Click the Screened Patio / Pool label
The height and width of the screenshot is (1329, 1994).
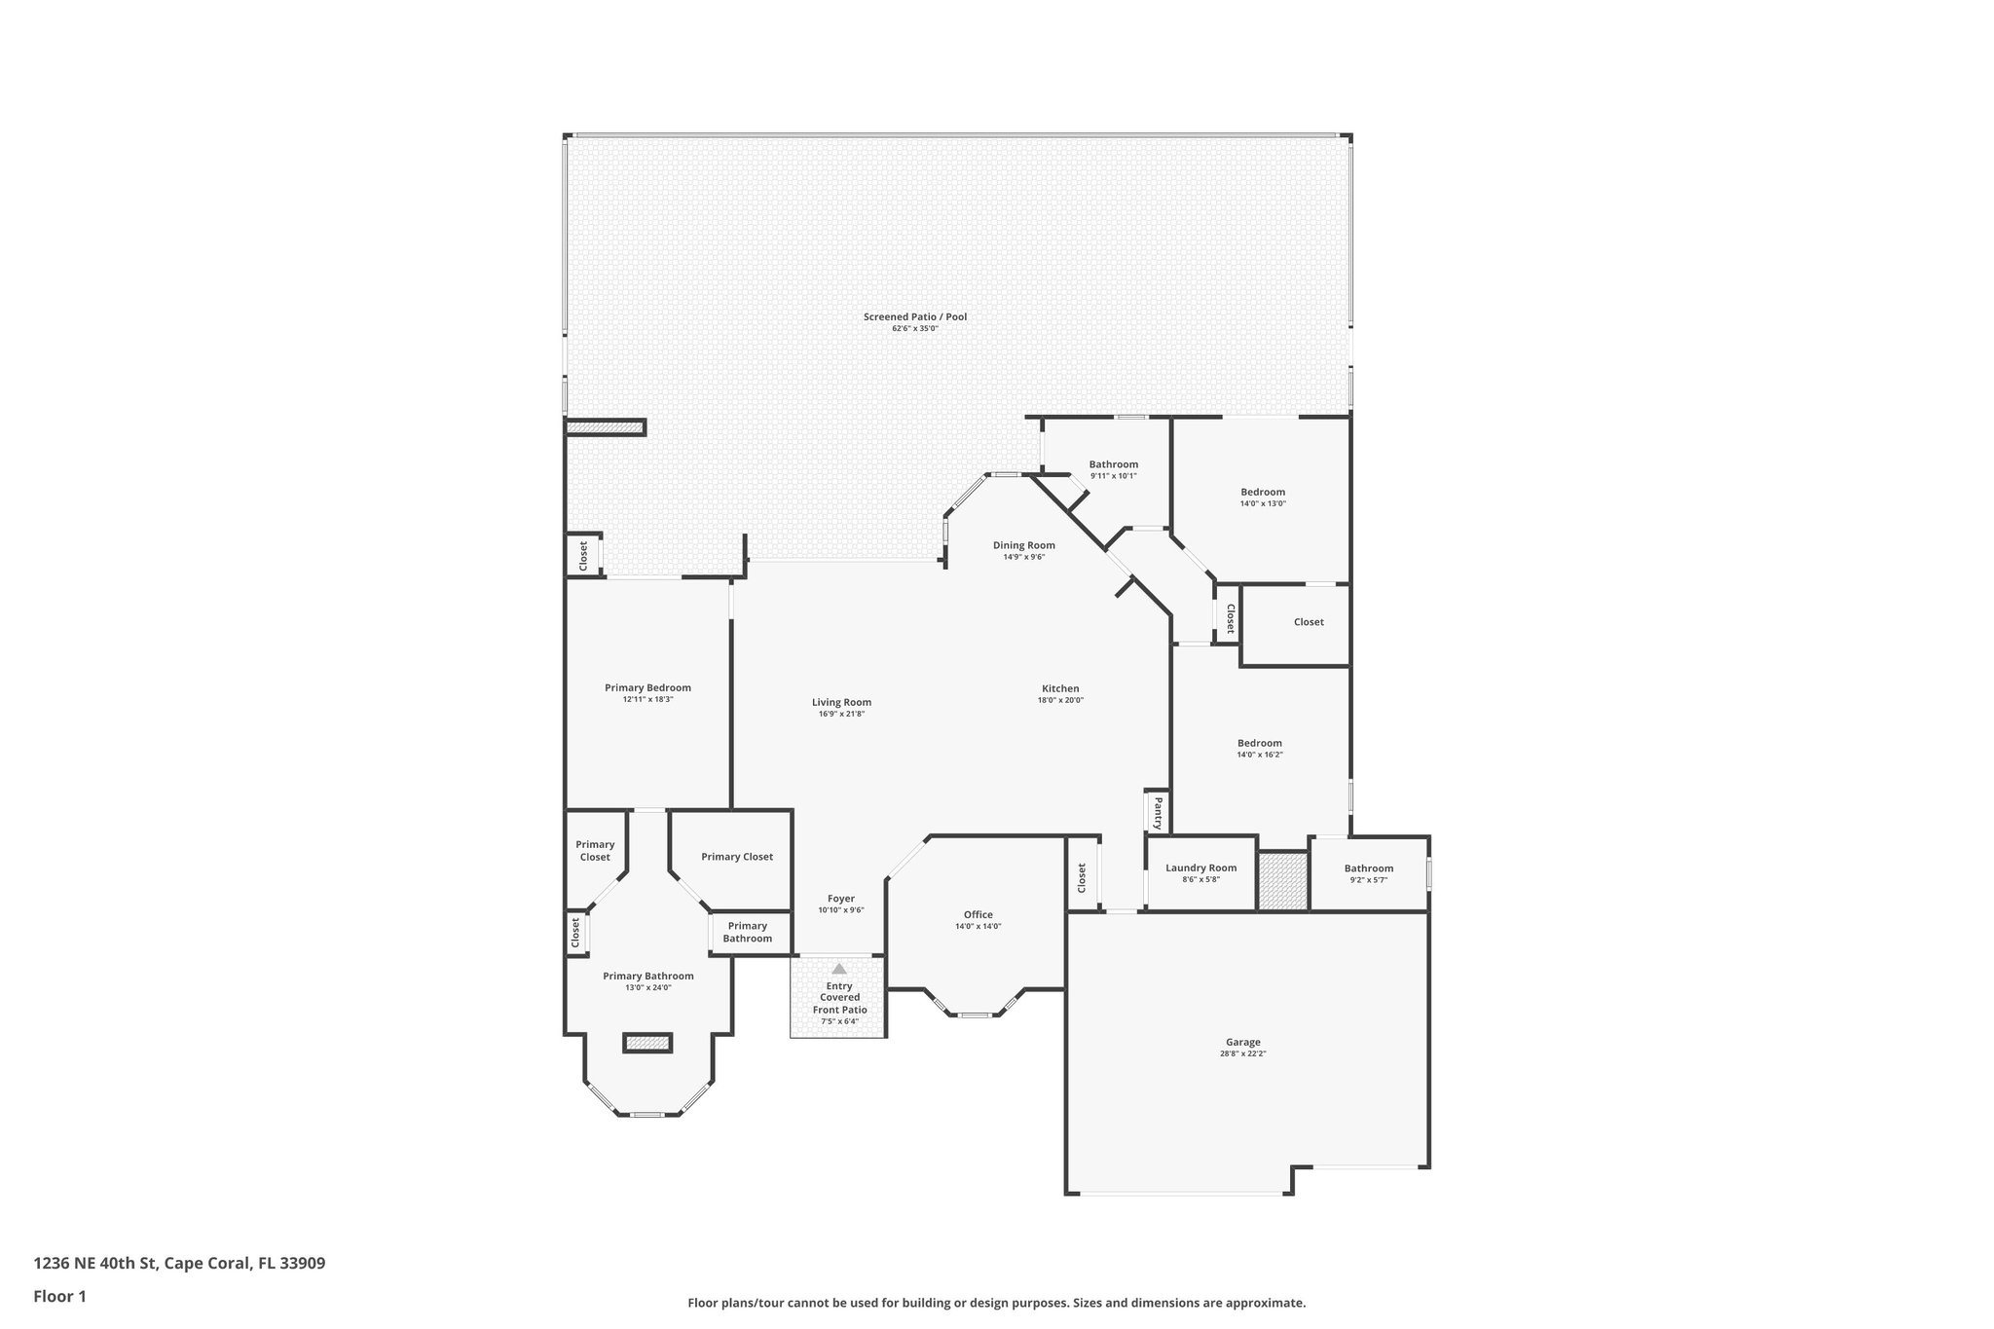914,316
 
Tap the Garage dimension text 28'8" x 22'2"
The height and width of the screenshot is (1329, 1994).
1242,1053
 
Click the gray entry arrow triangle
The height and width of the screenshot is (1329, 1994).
839,969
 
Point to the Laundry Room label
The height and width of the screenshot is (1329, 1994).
1200,868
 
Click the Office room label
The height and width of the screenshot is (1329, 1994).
978,914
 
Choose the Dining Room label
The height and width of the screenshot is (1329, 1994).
1023,545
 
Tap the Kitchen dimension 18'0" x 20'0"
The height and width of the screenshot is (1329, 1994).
1059,700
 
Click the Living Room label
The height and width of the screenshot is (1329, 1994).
841,702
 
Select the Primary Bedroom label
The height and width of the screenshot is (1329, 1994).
647,687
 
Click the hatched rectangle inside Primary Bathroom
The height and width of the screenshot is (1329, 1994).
647,1043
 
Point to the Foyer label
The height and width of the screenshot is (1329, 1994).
841,899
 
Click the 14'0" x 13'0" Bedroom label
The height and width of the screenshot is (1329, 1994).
1262,492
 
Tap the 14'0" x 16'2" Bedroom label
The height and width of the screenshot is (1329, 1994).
1259,743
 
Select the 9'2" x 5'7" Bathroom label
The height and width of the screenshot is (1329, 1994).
1368,868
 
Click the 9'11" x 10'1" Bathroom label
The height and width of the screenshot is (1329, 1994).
1113,464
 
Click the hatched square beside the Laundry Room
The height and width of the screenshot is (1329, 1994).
1282,880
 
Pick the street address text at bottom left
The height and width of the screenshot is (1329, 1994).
179,1263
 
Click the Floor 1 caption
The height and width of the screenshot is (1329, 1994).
59,1296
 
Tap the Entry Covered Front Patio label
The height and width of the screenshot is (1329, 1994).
839,998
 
